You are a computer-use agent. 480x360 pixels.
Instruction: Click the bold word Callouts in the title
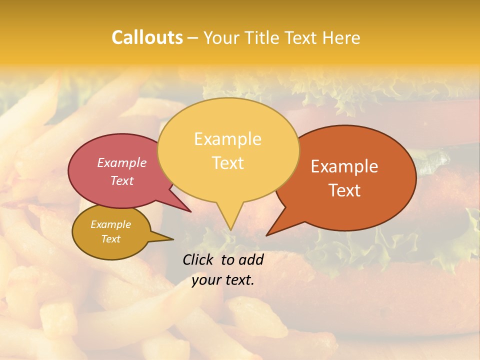click(147, 37)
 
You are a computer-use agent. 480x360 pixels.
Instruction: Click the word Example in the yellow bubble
click(227, 139)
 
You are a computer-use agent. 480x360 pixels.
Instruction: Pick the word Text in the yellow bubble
click(227, 163)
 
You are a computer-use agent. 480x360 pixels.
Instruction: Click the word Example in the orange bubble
click(344, 166)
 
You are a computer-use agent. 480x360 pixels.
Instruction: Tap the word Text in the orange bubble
click(344, 190)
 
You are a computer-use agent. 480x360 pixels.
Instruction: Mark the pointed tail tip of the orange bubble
click(267, 235)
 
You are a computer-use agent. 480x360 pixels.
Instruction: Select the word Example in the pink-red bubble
click(121, 162)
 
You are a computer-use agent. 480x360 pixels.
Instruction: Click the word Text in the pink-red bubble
click(121, 180)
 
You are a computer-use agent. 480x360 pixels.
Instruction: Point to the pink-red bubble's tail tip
click(190, 211)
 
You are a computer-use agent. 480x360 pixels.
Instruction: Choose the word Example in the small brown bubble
click(110, 224)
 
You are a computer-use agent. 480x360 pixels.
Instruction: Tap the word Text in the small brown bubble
click(110, 239)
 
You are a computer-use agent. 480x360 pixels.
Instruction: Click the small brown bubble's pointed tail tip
click(173, 239)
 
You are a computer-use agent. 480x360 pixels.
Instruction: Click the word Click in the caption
click(199, 259)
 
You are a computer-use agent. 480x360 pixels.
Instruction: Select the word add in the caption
click(251, 259)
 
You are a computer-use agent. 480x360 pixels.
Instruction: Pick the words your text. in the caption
click(222, 280)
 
